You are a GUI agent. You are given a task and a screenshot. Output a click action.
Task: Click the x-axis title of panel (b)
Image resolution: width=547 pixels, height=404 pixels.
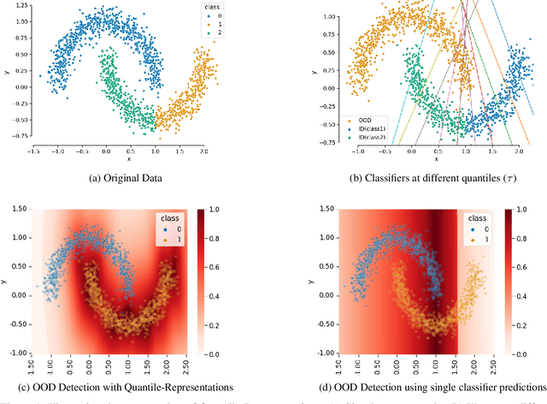[x=436, y=159]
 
